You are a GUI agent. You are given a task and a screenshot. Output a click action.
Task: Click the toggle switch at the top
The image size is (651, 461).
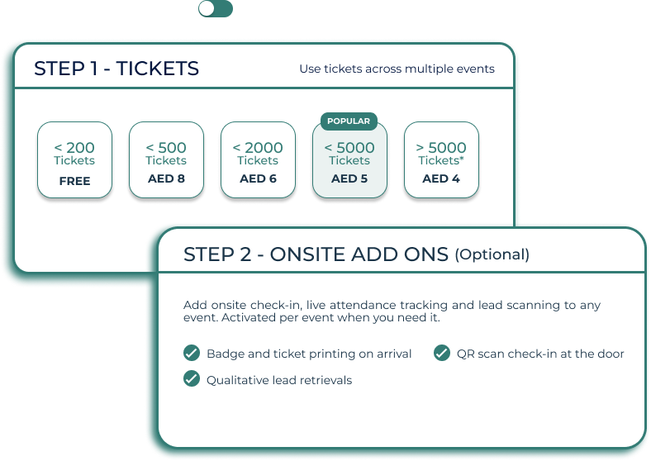[216, 9]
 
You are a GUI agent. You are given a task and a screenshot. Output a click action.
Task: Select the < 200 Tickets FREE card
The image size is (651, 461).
[74, 160]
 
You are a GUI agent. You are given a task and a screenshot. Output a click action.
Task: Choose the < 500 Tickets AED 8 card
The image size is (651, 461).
[167, 160]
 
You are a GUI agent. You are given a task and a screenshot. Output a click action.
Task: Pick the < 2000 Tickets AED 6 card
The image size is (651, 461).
[259, 160]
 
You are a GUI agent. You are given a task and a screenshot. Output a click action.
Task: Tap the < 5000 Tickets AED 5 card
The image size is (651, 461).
[349, 160]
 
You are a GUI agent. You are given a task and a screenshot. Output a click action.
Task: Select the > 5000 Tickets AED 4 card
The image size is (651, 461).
[441, 160]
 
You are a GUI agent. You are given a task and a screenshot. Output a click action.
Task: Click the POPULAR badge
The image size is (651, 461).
[349, 121]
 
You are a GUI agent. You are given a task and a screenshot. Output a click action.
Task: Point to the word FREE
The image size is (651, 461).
[74, 181]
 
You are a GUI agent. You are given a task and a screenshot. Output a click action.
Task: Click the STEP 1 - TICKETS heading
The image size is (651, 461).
[116, 69]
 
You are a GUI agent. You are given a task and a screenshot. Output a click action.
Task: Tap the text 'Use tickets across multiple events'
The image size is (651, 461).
[397, 69]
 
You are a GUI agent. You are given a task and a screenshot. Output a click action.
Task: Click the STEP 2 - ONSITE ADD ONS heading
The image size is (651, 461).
[316, 254]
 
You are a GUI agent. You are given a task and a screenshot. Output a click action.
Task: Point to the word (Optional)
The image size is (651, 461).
[492, 254]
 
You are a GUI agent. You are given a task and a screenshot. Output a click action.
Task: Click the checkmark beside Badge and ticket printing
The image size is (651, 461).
[192, 353]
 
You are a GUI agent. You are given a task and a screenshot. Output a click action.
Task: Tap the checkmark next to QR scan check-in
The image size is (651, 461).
[442, 353]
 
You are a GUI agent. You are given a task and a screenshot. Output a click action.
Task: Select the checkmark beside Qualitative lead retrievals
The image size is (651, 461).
[192, 378]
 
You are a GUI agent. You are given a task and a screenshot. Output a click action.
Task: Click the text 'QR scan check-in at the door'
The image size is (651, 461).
[540, 354]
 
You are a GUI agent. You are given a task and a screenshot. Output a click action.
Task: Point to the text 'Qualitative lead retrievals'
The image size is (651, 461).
[279, 380]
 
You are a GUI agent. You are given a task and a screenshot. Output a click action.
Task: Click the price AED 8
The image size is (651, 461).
[167, 178]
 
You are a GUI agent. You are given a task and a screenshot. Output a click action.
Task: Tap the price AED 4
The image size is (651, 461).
[441, 178]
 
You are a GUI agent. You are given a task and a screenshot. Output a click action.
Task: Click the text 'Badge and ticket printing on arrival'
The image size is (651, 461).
[309, 354]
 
